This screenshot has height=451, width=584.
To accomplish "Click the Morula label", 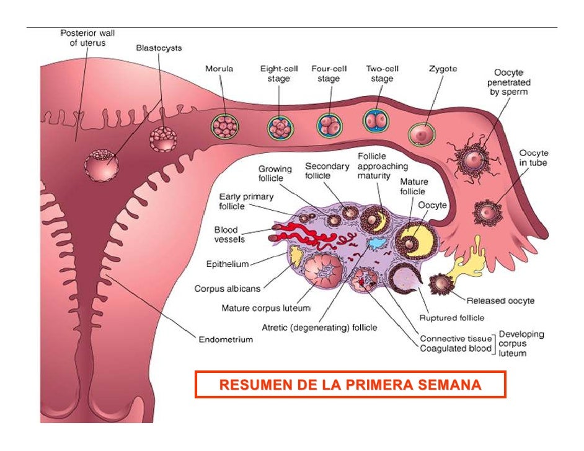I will (219, 69).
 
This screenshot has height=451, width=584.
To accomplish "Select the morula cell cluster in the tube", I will (223, 126).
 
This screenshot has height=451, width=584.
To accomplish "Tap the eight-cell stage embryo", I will (280, 128).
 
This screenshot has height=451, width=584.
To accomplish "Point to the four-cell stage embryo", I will (329, 126).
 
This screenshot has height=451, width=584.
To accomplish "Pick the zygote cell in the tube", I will (422, 133).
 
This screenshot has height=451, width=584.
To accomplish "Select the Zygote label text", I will (443, 69).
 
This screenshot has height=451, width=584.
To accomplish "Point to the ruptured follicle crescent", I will (404, 282).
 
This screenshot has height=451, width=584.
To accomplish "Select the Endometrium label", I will (226, 339).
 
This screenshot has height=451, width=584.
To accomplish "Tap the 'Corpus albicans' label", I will (227, 288).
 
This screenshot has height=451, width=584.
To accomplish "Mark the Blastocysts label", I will (159, 48).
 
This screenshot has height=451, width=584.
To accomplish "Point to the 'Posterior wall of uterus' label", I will (87, 38).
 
